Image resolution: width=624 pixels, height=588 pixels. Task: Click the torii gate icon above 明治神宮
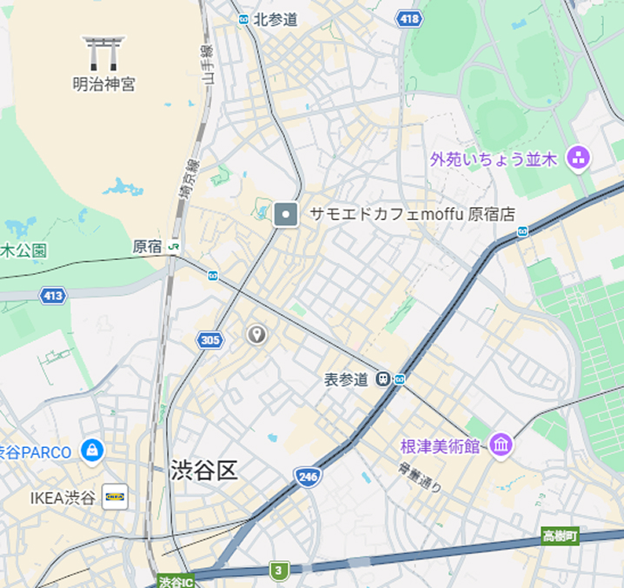(103, 53)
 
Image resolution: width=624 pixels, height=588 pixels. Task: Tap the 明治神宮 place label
(103, 84)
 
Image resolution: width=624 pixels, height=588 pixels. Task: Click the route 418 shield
(408, 18)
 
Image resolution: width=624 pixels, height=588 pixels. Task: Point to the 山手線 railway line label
(207, 65)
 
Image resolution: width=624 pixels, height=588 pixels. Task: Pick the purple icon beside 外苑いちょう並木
(577, 158)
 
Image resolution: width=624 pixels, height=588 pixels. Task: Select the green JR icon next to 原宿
(175, 247)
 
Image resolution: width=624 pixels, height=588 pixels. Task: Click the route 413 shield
(53, 296)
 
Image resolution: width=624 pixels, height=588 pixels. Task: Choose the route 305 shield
(209, 340)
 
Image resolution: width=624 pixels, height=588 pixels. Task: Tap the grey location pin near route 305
(256, 335)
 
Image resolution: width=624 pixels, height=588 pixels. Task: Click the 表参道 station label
(346, 379)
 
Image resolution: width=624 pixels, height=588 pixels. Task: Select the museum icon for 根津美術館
(501, 445)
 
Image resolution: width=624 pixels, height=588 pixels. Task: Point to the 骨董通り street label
(420, 478)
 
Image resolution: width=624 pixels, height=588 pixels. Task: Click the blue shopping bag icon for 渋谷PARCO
(91, 451)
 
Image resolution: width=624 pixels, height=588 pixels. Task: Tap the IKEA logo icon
(114, 498)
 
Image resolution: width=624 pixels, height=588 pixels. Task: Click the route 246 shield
(308, 477)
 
